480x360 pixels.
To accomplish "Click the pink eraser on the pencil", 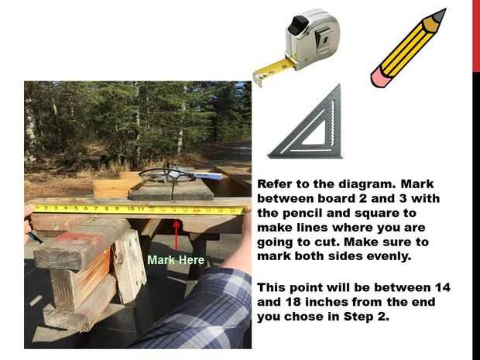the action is pyautogui.click(x=381, y=76).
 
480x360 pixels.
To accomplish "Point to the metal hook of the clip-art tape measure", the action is pyautogui.click(x=258, y=79).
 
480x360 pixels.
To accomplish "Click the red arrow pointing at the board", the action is pyautogui.click(x=176, y=235).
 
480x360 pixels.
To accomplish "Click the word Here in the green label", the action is pyautogui.click(x=192, y=260).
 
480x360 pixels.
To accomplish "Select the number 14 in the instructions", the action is pyautogui.click(x=442, y=287).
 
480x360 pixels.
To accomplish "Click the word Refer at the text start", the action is pyautogui.click(x=274, y=184).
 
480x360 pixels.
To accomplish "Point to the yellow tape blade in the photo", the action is pyautogui.click(x=140, y=209).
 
